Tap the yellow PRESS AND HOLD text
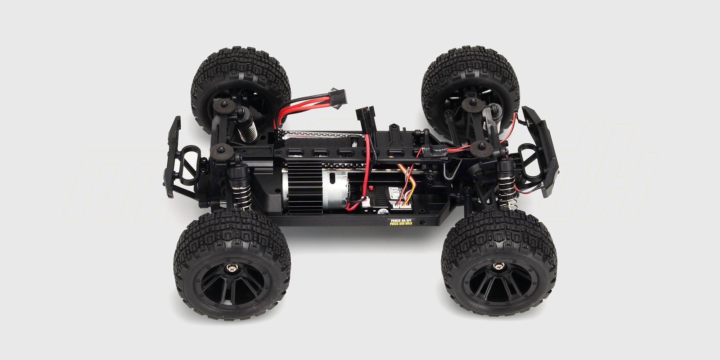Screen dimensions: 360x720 (399, 224)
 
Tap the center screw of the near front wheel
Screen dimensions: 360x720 (498, 266)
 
